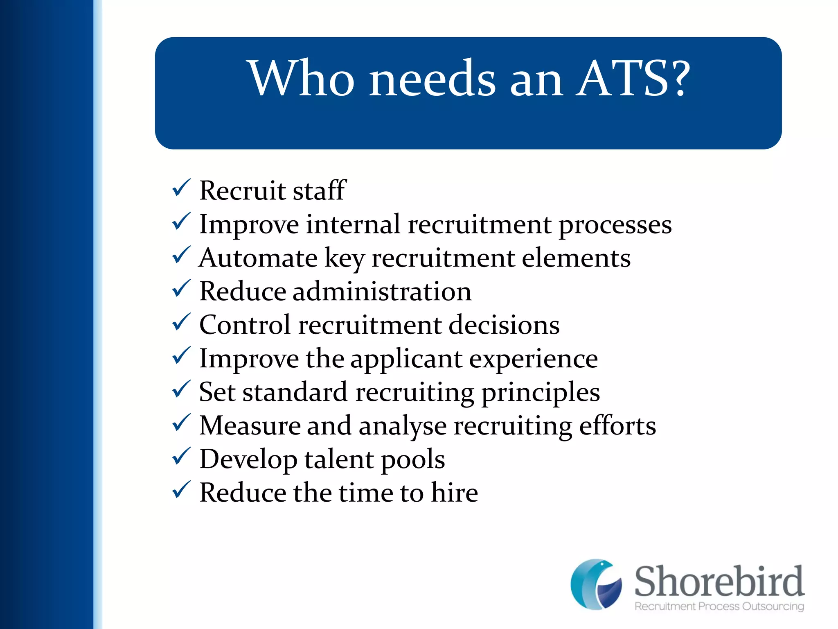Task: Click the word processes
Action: tap(615, 225)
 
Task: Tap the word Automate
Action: tap(258, 258)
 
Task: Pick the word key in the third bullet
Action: tap(344, 259)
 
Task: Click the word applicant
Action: tap(406, 359)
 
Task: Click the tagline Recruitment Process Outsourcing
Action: tap(719, 606)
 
